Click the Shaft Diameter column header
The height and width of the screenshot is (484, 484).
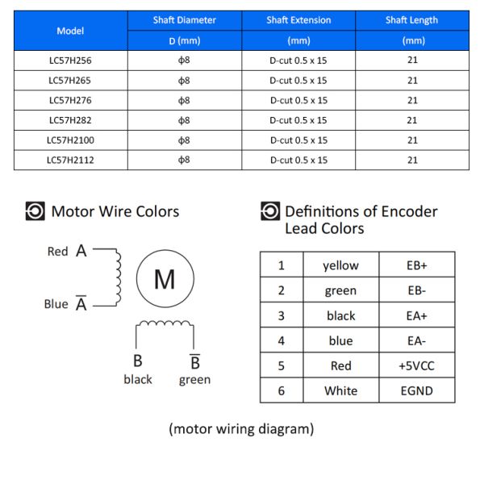(185, 20)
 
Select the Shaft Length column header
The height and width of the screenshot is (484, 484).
(412, 20)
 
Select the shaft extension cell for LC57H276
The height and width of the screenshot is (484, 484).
(298, 100)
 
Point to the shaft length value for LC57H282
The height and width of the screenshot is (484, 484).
(412, 120)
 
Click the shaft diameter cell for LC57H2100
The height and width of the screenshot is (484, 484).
(185, 140)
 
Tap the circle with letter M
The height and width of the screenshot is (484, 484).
(165, 279)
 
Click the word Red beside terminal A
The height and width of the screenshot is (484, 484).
(58, 252)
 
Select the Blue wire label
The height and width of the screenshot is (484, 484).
(56, 304)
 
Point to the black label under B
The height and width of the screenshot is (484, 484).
(138, 379)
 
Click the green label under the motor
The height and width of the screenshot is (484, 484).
(194, 379)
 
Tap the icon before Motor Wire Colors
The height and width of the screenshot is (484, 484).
(35, 211)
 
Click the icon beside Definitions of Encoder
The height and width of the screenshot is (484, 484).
(270, 212)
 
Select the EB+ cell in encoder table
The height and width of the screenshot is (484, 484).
(416, 265)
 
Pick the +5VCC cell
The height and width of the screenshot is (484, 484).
(416, 365)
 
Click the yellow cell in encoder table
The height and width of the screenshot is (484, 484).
(340, 265)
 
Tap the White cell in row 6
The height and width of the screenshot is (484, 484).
(340, 390)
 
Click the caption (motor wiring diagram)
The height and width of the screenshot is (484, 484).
(241, 428)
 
